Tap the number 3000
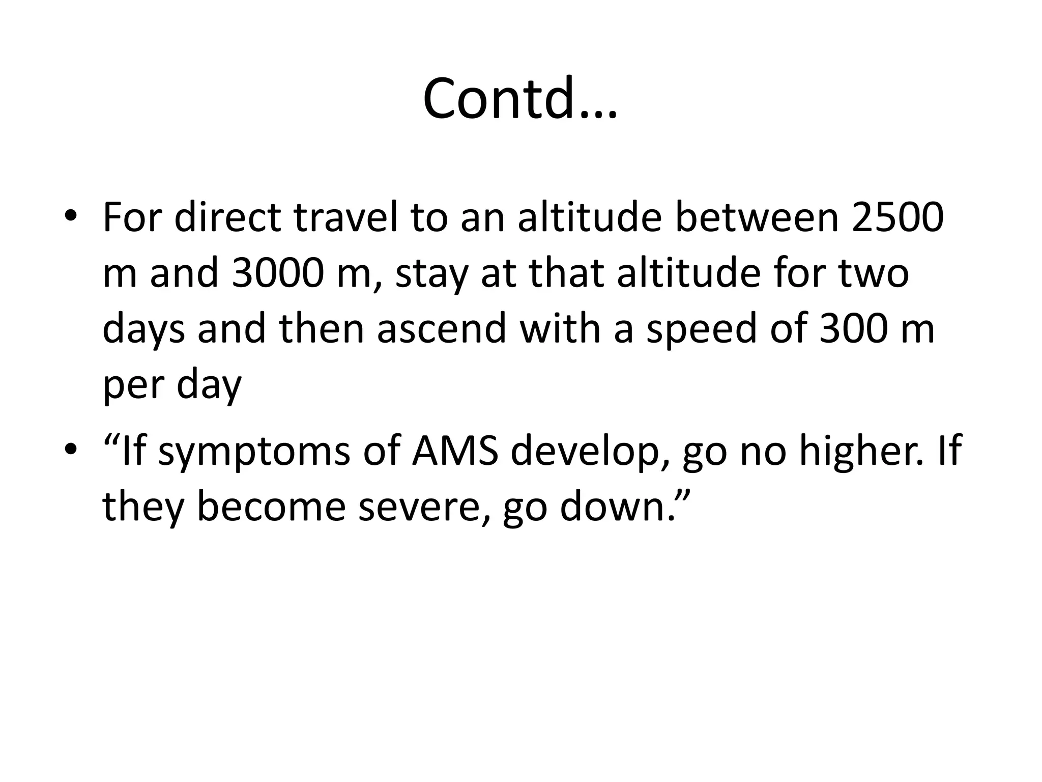[277, 273]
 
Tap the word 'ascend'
[442, 328]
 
